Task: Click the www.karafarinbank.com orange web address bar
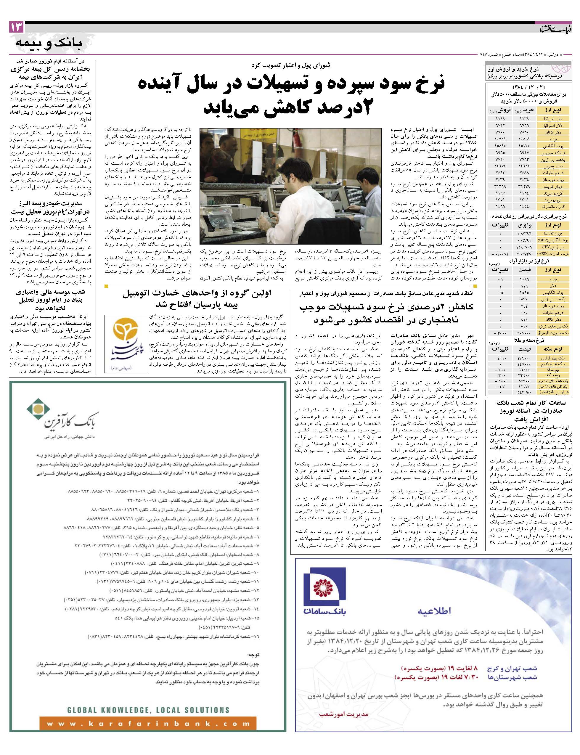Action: click(x=147, y=724)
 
